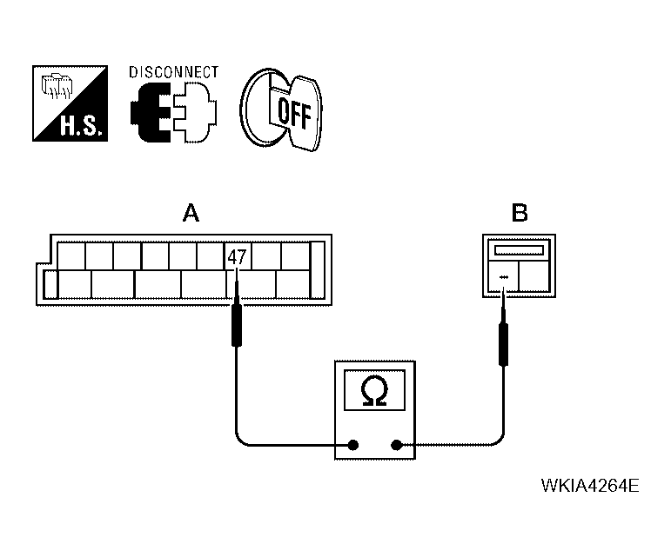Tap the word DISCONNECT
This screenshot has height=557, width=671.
pyautogui.click(x=174, y=72)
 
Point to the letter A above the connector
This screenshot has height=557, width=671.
pyautogui.click(x=190, y=213)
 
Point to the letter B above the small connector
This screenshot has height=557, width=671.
pyautogui.click(x=519, y=213)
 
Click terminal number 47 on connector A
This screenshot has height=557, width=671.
pyautogui.click(x=236, y=257)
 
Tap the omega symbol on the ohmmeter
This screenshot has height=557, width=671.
pyautogui.click(x=374, y=393)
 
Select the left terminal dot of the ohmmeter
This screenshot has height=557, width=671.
pyautogui.click(x=353, y=446)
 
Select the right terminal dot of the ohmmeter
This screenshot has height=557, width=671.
pyautogui.click(x=397, y=446)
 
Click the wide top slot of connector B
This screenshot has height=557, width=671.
pyautogui.click(x=519, y=250)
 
